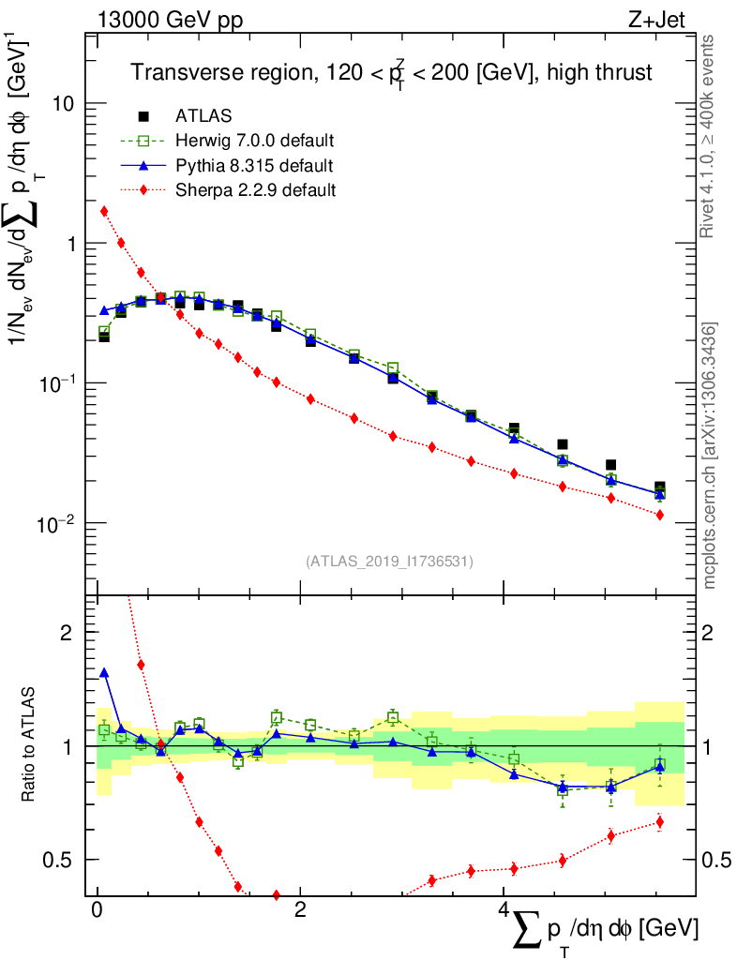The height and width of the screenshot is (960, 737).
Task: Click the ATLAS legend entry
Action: tap(203, 116)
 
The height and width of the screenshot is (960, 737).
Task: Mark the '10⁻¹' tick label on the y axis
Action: tap(58, 382)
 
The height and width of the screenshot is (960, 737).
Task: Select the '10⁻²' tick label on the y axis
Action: tap(58, 521)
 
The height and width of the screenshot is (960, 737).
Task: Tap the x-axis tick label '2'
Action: tap(300, 911)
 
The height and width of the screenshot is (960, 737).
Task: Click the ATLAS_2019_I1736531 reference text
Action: tap(389, 562)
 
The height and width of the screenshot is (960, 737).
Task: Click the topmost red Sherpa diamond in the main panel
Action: tap(104, 211)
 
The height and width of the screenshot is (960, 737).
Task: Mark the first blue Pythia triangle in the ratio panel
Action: tap(104, 672)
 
